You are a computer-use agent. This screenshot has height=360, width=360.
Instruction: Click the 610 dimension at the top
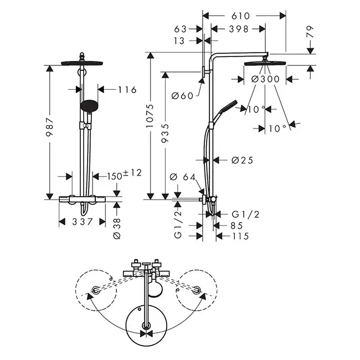click(240, 16)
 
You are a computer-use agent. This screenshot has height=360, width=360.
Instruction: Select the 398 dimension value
click(239, 29)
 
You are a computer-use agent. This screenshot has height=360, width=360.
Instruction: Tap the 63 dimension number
click(180, 29)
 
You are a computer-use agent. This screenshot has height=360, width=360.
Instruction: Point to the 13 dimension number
click(179, 41)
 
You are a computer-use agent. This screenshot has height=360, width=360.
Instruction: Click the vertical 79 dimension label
click(310, 32)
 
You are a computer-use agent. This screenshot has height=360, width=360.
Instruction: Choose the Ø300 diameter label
click(265, 79)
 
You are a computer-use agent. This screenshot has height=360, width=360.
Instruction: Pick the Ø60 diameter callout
click(183, 96)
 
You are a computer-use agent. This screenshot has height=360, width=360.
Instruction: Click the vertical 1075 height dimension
click(150, 116)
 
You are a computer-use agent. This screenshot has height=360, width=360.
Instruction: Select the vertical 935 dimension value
click(165, 133)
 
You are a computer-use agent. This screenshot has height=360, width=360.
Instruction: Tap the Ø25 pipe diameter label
click(242, 160)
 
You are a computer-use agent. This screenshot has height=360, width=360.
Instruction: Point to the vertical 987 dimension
click(50, 127)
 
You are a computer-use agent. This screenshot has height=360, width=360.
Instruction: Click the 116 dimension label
click(127, 90)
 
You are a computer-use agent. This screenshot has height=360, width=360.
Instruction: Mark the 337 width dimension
click(83, 222)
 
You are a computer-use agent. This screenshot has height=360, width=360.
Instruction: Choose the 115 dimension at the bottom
click(240, 236)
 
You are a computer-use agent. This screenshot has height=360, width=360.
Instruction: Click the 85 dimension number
click(236, 225)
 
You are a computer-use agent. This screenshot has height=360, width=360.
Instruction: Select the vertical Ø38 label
click(117, 229)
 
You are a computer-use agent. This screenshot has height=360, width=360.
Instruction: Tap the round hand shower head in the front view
click(89, 106)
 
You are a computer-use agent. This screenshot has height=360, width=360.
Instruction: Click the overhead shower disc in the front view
click(82, 63)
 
